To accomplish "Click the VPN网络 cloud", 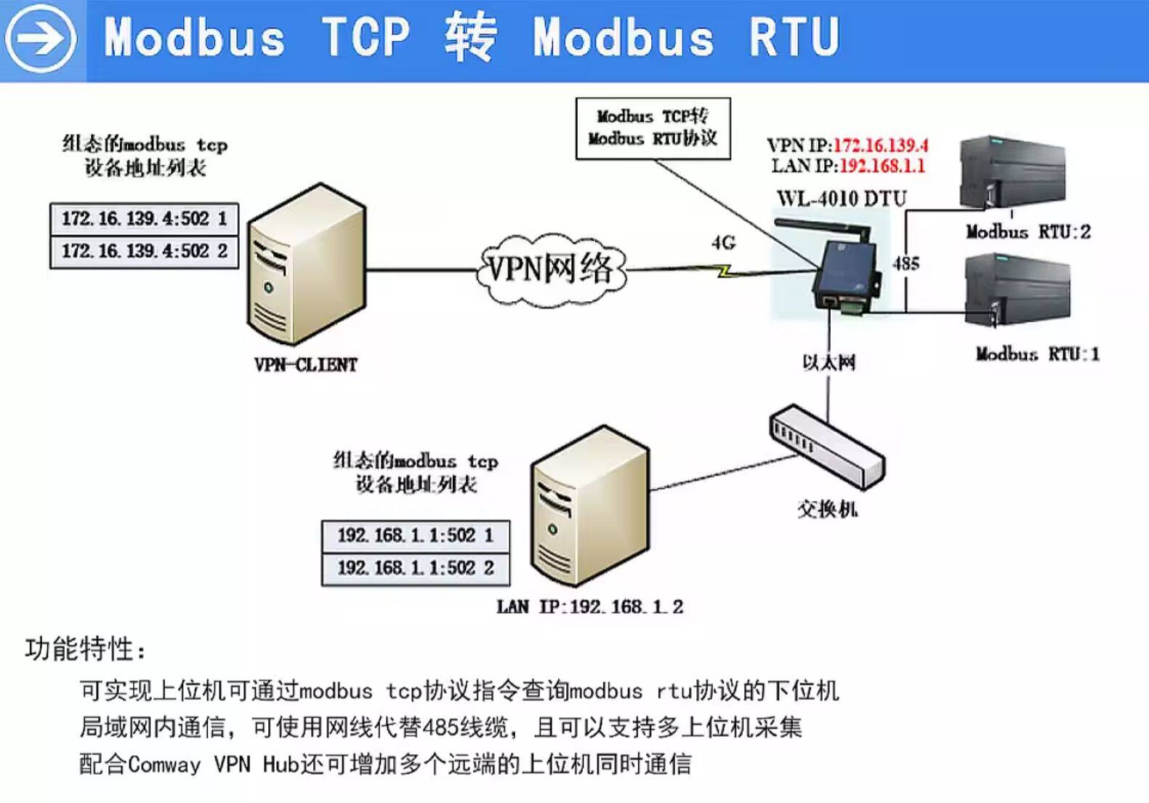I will pyautogui.click(x=551, y=269).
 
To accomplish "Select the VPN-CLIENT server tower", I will pyautogui.click(x=306, y=265).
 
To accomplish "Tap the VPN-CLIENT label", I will pyautogui.click(x=306, y=364).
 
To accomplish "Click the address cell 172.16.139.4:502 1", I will pyautogui.click(x=144, y=218).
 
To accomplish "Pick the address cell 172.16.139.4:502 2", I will pyautogui.click(x=144, y=252).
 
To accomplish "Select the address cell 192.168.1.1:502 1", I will pyautogui.click(x=415, y=536).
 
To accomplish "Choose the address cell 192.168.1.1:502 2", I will pyautogui.click(x=415, y=568).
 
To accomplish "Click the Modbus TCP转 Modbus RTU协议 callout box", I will pyautogui.click(x=653, y=128).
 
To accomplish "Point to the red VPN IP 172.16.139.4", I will pyautogui.click(x=880, y=145).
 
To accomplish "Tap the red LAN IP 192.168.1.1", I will pyautogui.click(x=882, y=166).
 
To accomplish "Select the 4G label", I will pyautogui.click(x=723, y=243).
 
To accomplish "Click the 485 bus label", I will pyautogui.click(x=906, y=263).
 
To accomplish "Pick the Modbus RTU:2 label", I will pyautogui.click(x=1028, y=232).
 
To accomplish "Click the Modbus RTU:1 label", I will pyautogui.click(x=1037, y=354).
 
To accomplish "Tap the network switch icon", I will pyautogui.click(x=827, y=447).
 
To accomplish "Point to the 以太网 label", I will pyautogui.click(x=829, y=361).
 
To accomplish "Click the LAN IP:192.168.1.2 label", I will pyautogui.click(x=589, y=607).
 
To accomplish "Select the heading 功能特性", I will pyautogui.click(x=86, y=649).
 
